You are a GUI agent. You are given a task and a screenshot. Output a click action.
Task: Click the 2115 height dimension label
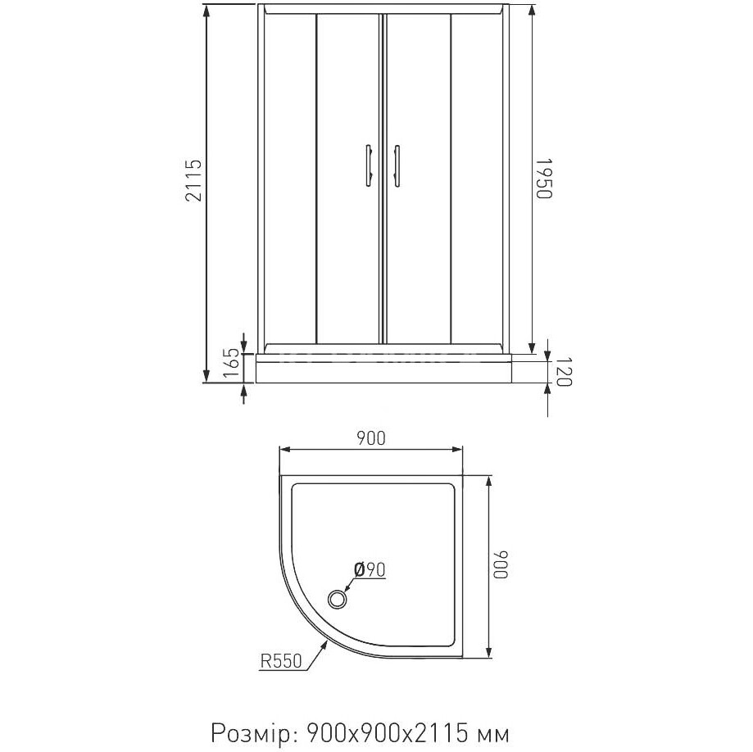coord(193,180)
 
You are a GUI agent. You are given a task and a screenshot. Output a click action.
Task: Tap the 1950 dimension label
coord(545,178)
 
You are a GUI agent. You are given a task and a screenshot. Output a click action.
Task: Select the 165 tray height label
coord(231,365)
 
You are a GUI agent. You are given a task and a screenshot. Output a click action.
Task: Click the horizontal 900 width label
coord(370,438)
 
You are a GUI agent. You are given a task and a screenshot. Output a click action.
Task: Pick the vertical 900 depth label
coord(501,564)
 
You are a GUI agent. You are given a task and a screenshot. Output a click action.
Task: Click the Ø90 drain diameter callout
coord(370,569)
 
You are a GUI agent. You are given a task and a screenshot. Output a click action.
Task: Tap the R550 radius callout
coord(281,662)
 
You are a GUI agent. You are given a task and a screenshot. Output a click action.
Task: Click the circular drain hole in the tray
coord(338,600)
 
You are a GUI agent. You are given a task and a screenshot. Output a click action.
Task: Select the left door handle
coord(369,165)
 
